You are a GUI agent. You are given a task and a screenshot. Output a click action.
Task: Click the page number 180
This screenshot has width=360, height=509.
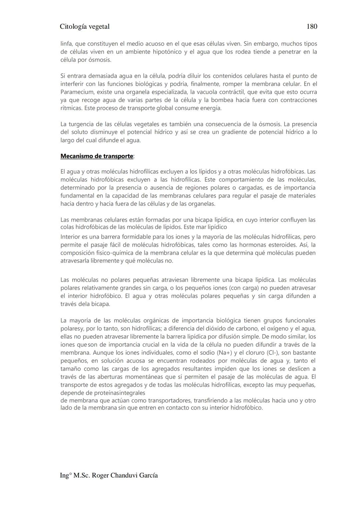pyautogui.click(x=312, y=26)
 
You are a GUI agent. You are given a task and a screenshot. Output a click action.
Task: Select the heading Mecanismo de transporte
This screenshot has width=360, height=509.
pyautogui.click(x=97, y=156)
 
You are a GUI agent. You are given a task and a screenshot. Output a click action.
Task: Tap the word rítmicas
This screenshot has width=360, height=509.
pyautogui.click(x=71, y=108)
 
